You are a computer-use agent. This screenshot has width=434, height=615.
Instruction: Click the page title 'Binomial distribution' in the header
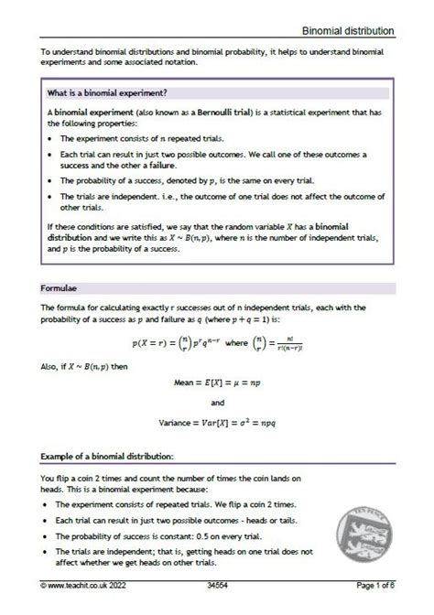pos(350,30)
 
